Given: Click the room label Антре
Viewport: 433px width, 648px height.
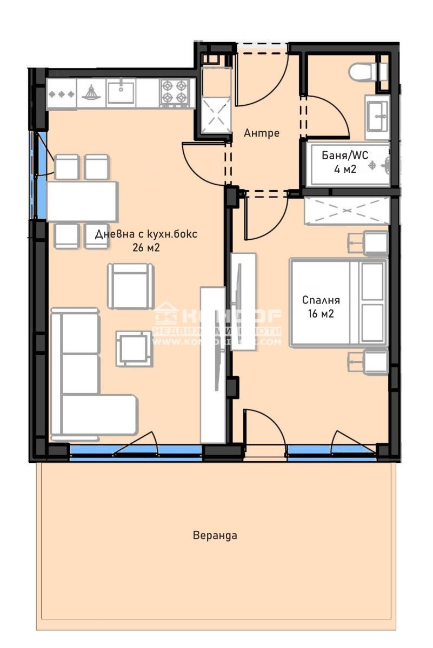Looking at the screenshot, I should click(262, 133).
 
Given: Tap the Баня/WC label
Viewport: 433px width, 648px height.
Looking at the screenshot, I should click(345, 156).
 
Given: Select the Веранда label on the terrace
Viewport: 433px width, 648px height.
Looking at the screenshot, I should click(215, 536).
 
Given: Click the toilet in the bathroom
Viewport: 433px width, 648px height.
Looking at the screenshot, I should click(363, 71).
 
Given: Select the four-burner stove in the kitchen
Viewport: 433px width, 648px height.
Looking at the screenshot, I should click(176, 92).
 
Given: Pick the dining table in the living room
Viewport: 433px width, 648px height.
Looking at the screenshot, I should click(82, 201).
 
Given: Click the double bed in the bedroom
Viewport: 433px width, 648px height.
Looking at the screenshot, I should click(338, 302).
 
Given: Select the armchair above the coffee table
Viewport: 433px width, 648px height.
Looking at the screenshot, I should click(128, 285).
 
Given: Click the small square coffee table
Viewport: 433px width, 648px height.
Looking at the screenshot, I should click(133, 348).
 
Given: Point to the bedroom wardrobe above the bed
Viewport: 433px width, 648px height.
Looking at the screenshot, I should click(347, 211).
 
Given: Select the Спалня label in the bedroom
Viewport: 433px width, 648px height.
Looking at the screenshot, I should click(321, 300).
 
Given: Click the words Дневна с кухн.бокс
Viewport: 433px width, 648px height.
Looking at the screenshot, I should click(146, 234).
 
